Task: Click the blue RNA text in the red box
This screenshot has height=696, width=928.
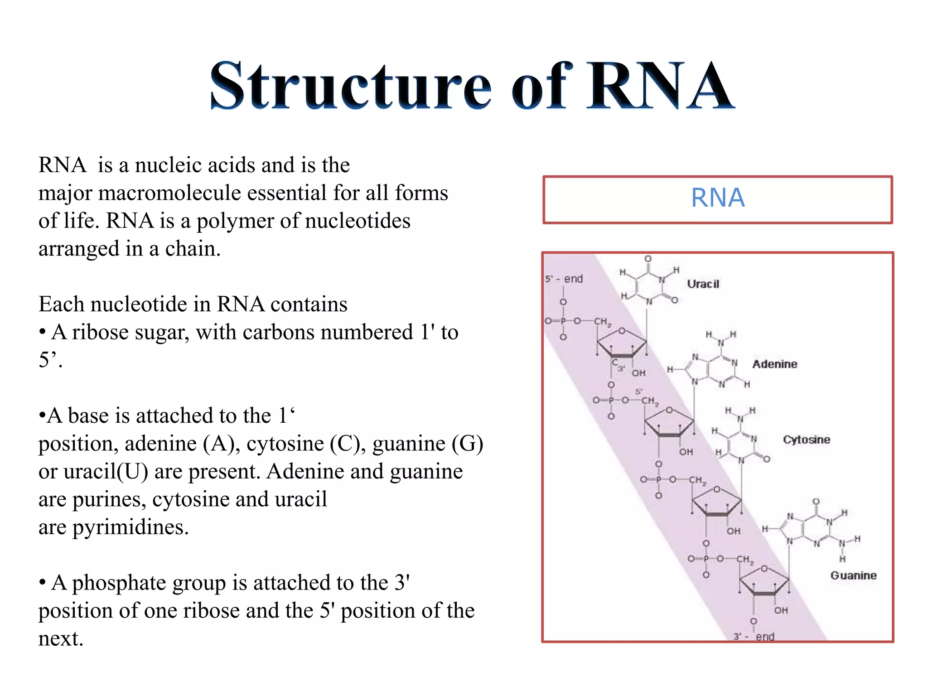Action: (718, 198)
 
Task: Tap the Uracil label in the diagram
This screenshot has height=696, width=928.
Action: (703, 284)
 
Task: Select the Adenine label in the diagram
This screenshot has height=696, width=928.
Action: (774, 364)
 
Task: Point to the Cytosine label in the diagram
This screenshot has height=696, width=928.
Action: (806, 440)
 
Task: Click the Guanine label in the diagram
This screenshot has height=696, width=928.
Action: (853, 575)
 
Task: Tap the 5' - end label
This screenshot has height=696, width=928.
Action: (564, 279)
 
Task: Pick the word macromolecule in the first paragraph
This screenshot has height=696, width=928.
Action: (168, 193)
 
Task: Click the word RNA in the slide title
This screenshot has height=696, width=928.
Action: (659, 86)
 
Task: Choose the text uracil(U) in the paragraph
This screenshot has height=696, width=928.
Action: (106, 472)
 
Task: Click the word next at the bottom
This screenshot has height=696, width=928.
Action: (60, 639)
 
